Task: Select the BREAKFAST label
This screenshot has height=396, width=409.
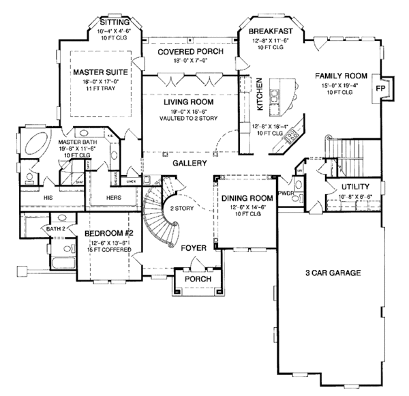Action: [x=270, y=31]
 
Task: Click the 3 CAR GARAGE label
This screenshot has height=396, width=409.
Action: [x=333, y=273]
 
